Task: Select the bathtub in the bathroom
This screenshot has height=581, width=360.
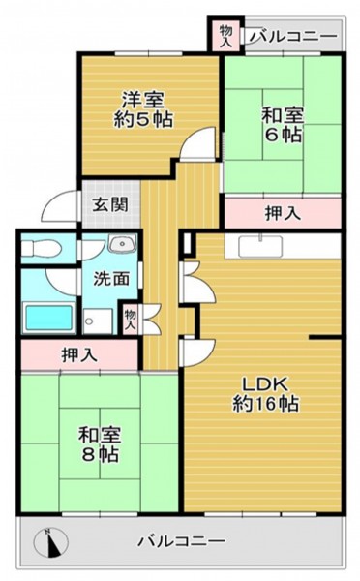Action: (48, 318)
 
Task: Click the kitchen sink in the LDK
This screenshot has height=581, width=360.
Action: (260, 247)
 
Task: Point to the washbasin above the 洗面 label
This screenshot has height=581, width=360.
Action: (123, 244)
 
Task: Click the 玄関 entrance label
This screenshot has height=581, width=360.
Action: (110, 204)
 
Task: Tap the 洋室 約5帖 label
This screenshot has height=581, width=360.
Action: (143, 109)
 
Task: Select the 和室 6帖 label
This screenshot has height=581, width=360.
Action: (283, 125)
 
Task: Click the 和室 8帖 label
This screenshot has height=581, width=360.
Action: (100, 444)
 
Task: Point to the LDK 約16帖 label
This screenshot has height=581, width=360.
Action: (265, 395)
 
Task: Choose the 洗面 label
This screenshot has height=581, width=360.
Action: (111, 279)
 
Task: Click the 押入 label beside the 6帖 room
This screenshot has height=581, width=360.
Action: (283, 213)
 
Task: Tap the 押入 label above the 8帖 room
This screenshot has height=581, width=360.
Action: (79, 354)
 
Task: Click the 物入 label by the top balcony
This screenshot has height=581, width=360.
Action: (225, 36)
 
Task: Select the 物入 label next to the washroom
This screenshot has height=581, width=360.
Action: (130, 320)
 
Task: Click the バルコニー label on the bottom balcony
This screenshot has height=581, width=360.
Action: (182, 541)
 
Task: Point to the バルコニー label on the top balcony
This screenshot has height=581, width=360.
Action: (293, 37)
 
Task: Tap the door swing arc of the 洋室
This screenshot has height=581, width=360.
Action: (198, 142)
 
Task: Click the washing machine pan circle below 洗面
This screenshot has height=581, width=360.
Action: (88, 321)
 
